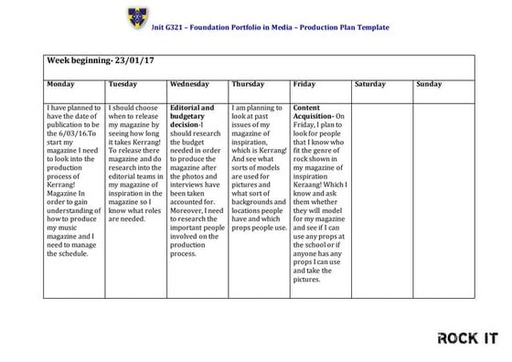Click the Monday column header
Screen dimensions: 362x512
click(61, 85)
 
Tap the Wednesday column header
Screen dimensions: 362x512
click(190, 85)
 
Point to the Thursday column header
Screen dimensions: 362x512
click(249, 85)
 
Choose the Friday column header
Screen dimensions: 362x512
click(305, 85)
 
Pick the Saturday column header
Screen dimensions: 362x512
click(370, 85)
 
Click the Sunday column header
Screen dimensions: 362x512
click(429, 85)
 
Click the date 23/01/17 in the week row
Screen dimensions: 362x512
click(133, 61)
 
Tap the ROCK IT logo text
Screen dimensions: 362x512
click(467, 338)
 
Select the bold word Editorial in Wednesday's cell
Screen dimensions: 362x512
click(187, 108)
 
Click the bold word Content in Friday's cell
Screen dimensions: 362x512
click(308, 108)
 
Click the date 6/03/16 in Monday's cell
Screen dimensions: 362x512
click(72, 135)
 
